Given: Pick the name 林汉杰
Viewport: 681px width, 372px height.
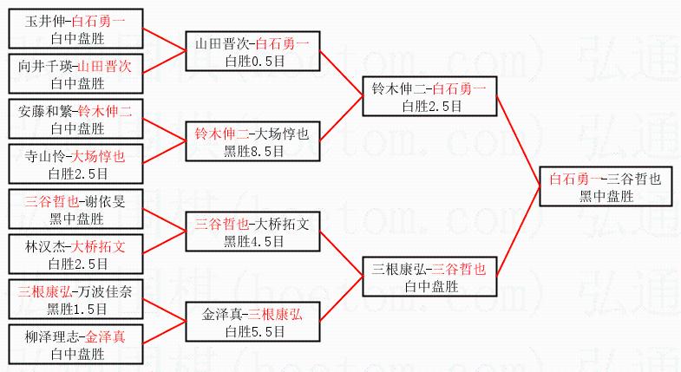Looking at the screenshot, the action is (x=47, y=246).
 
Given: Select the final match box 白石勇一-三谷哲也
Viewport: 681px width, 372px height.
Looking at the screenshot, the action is (x=606, y=186).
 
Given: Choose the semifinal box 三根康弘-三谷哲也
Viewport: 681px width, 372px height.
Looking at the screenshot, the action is (x=429, y=277).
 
